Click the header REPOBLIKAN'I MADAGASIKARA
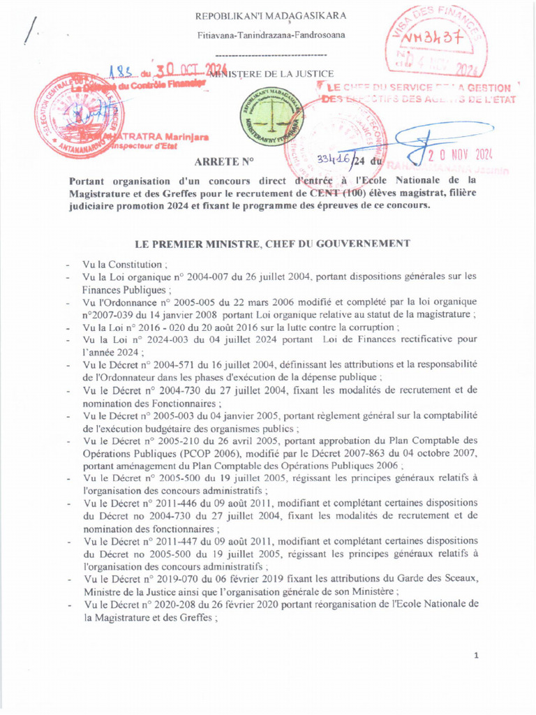[x=271, y=15]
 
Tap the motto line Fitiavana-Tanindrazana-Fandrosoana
[x=271, y=35]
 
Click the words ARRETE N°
[x=223, y=162]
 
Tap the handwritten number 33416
[x=333, y=160]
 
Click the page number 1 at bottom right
[x=476, y=656]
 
